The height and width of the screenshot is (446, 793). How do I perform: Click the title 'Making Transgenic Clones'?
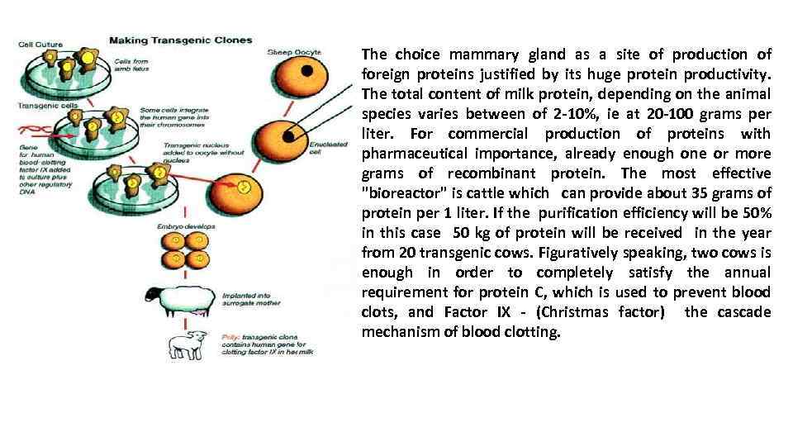point(181,40)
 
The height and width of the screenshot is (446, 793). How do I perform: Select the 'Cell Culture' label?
point(40,44)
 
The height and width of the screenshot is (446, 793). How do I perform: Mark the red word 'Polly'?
point(230,335)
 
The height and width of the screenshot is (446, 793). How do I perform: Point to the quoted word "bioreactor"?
point(400,193)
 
